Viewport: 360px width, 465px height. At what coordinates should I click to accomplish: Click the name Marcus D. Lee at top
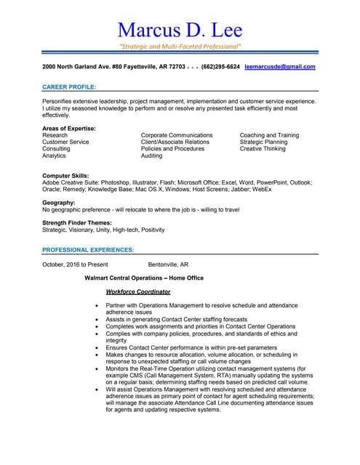tap(180, 30)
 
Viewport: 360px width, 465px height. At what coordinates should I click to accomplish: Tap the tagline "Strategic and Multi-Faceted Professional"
tap(180, 46)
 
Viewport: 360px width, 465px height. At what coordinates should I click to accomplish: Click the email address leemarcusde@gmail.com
tap(280, 67)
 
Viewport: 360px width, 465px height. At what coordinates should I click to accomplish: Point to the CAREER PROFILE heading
tap(69, 86)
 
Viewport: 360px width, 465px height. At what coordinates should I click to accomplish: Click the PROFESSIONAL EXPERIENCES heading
tap(88, 250)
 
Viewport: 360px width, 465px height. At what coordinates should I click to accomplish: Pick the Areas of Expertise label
tap(69, 129)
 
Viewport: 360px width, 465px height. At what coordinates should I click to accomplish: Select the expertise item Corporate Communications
tap(177, 135)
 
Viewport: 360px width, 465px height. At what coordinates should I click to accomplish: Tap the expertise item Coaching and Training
tap(269, 135)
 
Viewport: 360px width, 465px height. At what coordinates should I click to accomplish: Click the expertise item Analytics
tap(55, 155)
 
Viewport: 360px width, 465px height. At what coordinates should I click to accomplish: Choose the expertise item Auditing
tap(152, 155)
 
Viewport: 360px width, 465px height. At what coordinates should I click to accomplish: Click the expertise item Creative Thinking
tap(263, 149)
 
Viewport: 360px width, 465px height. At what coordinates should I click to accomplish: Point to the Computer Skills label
tap(66, 176)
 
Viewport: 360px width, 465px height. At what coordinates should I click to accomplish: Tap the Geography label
tap(59, 203)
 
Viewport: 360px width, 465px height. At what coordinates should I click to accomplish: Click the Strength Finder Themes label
tap(77, 223)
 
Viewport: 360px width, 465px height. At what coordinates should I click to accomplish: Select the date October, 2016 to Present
tap(76, 264)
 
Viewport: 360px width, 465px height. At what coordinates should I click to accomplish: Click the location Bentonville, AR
tap(168, 264)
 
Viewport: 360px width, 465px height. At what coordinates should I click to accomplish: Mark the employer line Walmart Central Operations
tap(144, 278)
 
